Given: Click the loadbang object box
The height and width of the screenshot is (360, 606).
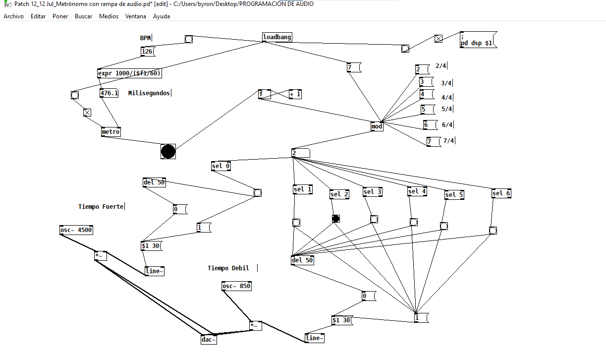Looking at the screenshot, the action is tap(277, 37).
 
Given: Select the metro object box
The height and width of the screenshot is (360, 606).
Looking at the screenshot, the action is tap(110, 132).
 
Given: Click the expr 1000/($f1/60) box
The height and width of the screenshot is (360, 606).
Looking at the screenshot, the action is tap(129, 73).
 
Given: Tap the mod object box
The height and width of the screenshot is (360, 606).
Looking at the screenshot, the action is tap(377, 126).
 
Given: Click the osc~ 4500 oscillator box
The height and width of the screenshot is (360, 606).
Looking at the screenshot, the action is tap(76, 230).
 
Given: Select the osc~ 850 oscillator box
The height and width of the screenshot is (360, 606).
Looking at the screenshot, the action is tap(236, 286).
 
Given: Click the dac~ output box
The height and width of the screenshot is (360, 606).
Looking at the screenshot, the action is tap(209, 340).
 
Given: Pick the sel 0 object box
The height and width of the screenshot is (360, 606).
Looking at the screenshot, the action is tap(221, 166).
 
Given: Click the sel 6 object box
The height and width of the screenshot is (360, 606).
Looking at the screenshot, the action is tap(501, 193).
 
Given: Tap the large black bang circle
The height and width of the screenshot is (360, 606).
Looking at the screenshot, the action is tap(168, 152).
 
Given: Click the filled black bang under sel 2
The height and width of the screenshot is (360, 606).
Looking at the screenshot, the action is tap(336, 219).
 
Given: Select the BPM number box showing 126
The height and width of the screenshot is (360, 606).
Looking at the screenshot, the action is tap(148, 52).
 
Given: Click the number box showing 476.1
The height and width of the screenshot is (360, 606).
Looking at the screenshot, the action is tap(109, 93).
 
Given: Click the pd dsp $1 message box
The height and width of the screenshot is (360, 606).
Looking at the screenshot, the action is tap(478, 40).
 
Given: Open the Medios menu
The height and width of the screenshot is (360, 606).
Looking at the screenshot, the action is tap(109, 16).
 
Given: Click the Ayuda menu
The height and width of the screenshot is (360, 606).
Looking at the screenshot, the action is tap(162, 16).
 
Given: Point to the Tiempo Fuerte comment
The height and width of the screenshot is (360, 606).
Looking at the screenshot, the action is tap(101, 207).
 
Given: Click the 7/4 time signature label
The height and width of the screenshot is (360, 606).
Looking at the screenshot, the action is tap(448, 141).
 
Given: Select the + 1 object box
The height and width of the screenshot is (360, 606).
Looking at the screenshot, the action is tap(295, 94).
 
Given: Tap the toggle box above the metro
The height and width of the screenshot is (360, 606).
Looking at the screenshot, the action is tap(87, 113).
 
